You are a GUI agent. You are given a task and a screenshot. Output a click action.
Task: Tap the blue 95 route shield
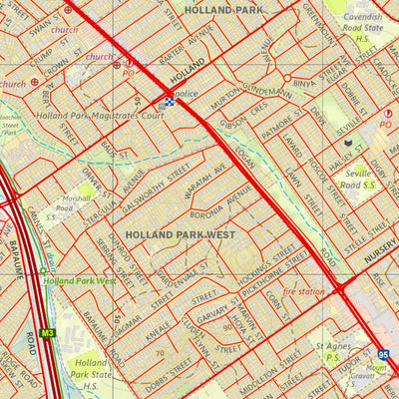pos(384,353)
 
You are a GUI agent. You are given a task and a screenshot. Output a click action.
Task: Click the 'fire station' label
pos(305,290)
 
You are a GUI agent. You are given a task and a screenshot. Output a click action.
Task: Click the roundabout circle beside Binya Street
pos(287,77)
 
